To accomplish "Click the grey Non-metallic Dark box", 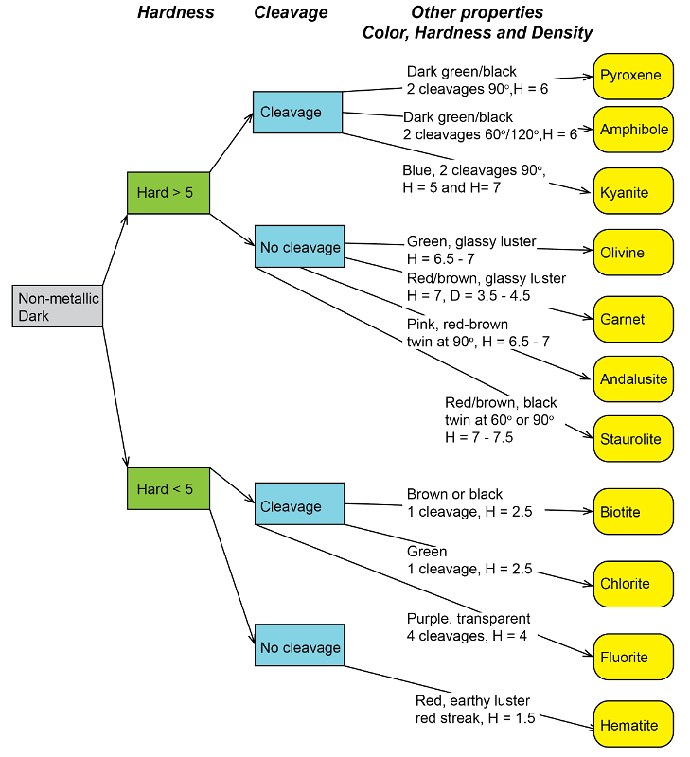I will (58, 306).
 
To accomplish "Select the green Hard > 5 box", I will (168, 193).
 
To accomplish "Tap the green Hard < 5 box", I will (168, 489).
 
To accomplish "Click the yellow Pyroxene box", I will (633, 76).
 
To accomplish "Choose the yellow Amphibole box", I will (633, 130).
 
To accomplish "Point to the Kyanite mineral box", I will (633, 192).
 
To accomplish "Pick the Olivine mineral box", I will (633, 253).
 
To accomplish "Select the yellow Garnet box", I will (633, 320).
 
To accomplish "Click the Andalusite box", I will (633, 379).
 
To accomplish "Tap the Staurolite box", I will (633, 439).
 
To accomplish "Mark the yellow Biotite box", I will (633, 512).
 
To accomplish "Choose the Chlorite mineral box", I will (633, 584).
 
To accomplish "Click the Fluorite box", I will (633, 657).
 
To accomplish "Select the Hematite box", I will (633, 725).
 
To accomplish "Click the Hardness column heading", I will (176, 13).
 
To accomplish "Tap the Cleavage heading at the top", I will (291, 13).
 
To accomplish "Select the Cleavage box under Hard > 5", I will (297, 112).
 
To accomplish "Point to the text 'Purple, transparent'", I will (469, 619).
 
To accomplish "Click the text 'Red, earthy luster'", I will (472, 701).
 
